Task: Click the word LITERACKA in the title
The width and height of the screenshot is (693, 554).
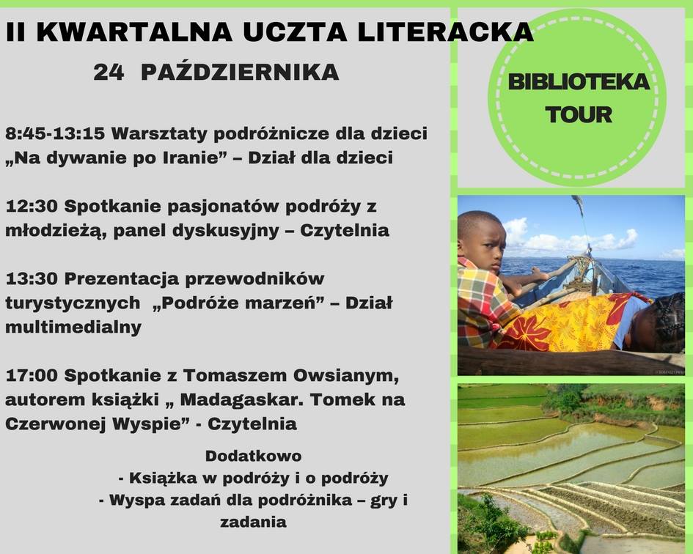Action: pos(445,32)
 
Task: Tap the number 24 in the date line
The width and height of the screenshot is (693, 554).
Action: pos(109,72)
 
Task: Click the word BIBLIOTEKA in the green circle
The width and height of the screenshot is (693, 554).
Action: pos(579,82)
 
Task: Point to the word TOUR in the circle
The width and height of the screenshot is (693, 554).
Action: pos(579,114)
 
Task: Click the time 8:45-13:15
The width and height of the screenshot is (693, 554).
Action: pos(55,133)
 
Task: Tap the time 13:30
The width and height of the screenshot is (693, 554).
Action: pos(32,278)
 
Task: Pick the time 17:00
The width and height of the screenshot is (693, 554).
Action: pos(32,375)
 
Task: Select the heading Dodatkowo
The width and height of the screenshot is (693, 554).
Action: pos(253,456)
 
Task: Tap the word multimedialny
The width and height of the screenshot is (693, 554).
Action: pos(73,328)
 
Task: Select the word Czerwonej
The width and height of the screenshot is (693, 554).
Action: pos(55,424)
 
